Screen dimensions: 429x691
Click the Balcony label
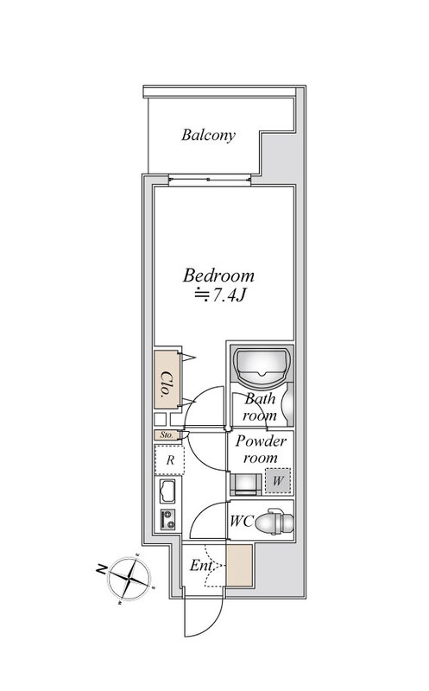[x=208, y=135]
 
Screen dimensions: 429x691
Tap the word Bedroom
[x=218, y=276]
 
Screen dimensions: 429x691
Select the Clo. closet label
[x=166, y=384]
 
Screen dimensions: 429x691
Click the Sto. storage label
[x=167, y=435]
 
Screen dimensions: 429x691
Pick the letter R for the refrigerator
[x=170, y=460]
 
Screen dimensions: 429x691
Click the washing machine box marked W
[x=278, y=480]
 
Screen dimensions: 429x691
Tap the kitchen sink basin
[x=167, y=491]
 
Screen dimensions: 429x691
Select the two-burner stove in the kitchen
[x=167, y=520]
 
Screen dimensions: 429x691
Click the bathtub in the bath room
[x=262, y=365]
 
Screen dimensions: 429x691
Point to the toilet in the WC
[x=274, y=522]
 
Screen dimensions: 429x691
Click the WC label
[x=242, y=522]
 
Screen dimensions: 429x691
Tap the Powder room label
[x=261, y=449]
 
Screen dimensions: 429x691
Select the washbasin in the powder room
[x=246, y=485]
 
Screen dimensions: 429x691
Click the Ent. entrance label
[x=201, y=566]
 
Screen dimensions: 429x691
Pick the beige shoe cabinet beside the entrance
[x=239, y=566]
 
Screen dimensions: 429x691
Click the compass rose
[x=130, y=578]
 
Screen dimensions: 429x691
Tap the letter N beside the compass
[x=101, y=569]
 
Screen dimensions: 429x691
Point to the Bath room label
[x=260, y=407]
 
